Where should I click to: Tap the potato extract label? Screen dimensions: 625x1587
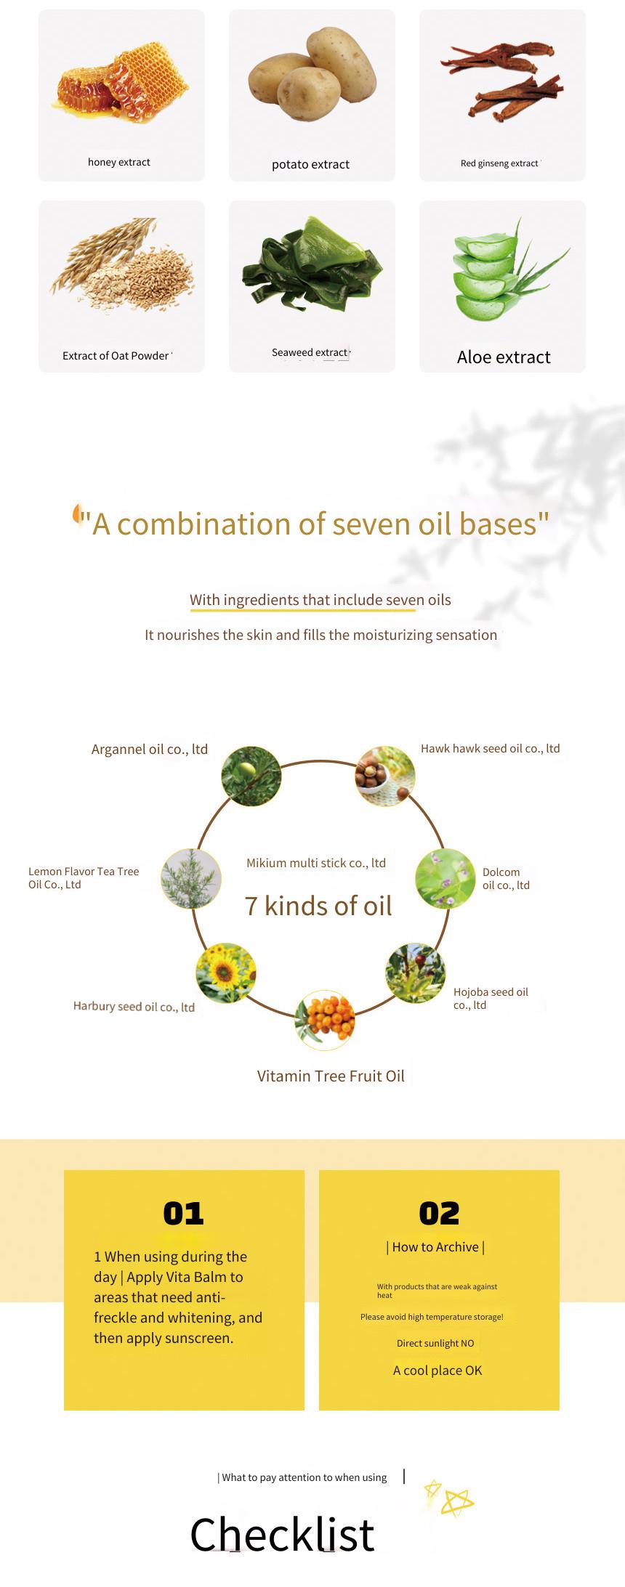click(x=310, y=165)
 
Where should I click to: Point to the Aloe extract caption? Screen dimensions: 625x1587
click(x=504, y=357)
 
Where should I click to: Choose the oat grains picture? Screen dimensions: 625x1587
click(x=122, y=265)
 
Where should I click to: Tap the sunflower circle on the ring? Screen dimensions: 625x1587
click(x=225, y=973)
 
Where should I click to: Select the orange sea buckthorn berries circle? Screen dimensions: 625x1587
click(x=325, y=1020)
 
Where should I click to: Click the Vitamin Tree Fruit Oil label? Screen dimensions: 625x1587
click(x=331, y=1076)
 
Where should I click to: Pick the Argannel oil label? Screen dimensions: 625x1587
click(x=150, y=750)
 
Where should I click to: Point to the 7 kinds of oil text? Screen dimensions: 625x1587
click(x=318, y=906)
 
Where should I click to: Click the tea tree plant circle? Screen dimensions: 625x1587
click(x=191, y=879)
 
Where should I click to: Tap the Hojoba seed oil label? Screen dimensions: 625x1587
click(x=491, y=999)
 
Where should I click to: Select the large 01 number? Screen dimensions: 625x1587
click(x=184, y=1214)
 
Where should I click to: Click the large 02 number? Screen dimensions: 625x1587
click(x=440, y=1214)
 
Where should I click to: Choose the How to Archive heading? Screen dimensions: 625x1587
click(x=435, y=1247)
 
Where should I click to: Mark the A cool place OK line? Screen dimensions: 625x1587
click(x=437, y=1371)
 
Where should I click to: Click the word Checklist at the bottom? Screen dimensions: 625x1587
click(x=282, y=1534)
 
